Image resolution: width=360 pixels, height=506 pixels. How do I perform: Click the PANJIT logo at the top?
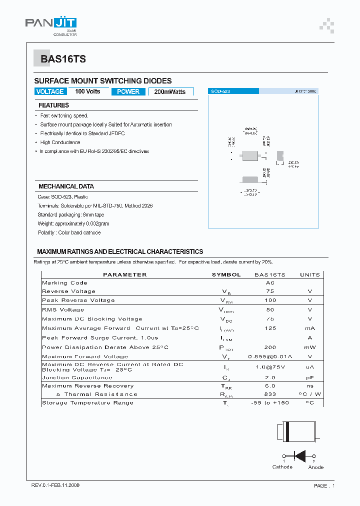pyautogui.click(x=50, y=24)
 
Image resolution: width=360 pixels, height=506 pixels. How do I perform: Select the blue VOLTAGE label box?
pyautogui.click(x=50, y=91)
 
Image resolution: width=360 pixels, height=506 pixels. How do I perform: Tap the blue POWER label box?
pyautogui.click(x=128, y=91)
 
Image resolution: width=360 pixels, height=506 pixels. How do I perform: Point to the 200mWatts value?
pyautogui.click(x=170, y=92)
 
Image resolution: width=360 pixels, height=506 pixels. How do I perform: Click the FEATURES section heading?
pyautogui.click(x=53, y=105)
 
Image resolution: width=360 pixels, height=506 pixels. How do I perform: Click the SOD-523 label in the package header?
pyautogui.click(x=220, y=91)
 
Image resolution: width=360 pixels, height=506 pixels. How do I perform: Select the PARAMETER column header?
pyautogui.click(x=124, y=274)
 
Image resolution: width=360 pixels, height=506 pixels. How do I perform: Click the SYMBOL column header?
pyautogui.click(x=226, y=274)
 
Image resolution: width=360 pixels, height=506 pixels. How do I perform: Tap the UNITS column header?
pyautogui.click(x=310, y=274)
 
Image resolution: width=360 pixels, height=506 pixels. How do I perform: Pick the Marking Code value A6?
pyautogui.click(x=270, y=283)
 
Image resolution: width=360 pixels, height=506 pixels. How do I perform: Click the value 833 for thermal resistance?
pyautogui.click(x=270, y=394)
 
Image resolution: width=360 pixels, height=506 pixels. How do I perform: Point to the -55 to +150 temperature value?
pyautogui.click(x=270, y=403)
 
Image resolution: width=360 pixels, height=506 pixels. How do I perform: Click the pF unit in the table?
pyautogui.click(x=310, y=377)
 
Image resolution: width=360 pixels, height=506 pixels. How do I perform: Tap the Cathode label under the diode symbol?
pyautogui.click(x=282, y=467)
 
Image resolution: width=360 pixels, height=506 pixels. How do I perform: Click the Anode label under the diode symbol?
pyautogui.click(x=315, y=467)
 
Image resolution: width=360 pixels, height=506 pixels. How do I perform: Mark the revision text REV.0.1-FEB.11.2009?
pyautogui.click(x=55, y=485)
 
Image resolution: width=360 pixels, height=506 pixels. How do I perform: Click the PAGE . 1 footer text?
pyautogui.click(x=324, y=485)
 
